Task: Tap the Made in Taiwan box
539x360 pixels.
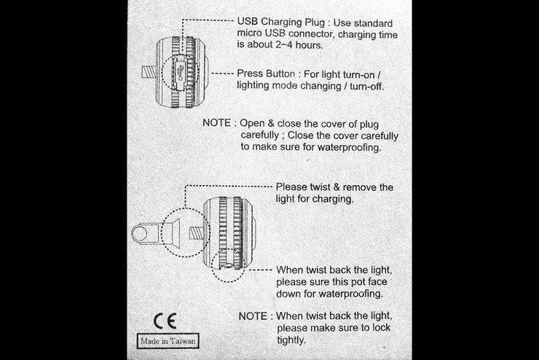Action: (168, 340)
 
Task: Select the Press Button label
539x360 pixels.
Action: (267, 74)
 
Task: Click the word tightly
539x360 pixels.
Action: (291, 340)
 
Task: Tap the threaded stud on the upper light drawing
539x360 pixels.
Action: (148, 71)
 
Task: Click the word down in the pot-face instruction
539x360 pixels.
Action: (290, 293)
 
